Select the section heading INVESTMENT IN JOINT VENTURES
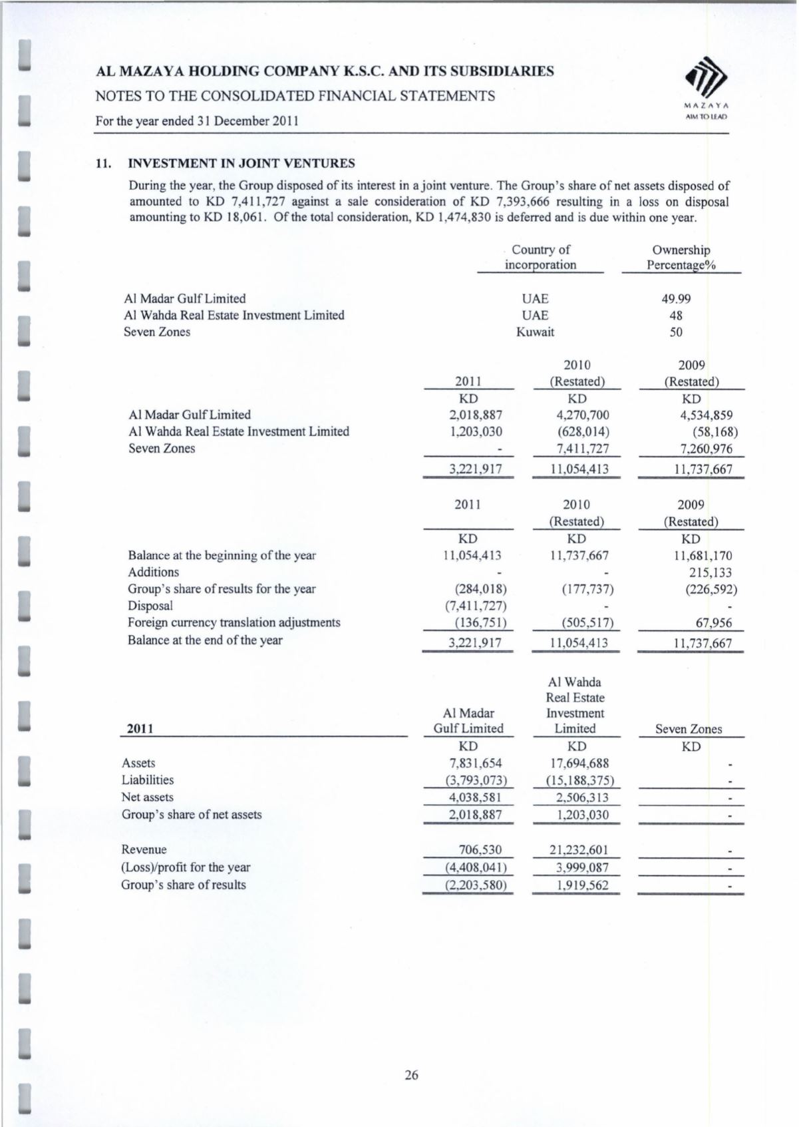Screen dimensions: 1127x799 [x=241, y=163]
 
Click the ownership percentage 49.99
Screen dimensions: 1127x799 [x=676, y=299]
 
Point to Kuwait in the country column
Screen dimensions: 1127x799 [x=535, y=332]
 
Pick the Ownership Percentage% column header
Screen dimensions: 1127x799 [x=681, y=258]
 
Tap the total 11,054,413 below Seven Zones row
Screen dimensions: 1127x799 [x=576, y=469]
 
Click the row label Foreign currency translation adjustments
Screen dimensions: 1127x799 [x=234, y=623]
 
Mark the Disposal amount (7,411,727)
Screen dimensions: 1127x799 [x=474, y=606]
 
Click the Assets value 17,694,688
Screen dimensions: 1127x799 [x=575, y=764]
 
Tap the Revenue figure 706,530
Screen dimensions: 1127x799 [x=480, y=850]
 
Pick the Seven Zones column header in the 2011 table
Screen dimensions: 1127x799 [x=689, y=729]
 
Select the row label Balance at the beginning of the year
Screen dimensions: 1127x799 [x=222, y=556]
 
